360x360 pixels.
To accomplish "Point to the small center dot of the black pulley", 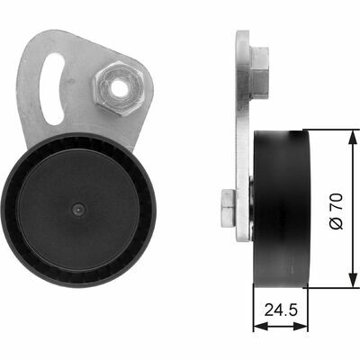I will click(78, 210).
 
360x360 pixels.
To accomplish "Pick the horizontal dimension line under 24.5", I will click(281, 326).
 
